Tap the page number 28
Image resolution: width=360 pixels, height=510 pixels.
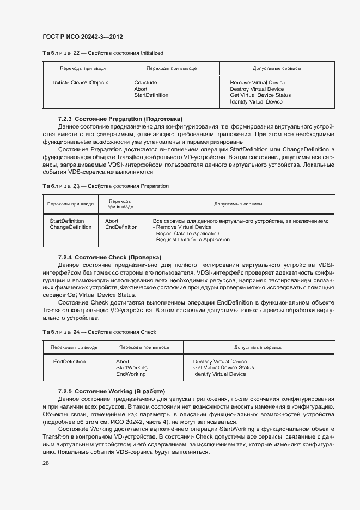click(46, 462)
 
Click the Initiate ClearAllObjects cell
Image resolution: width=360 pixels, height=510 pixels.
click(81, 83)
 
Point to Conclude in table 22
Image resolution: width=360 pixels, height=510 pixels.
click(145, 83)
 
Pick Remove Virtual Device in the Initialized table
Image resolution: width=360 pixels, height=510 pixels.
click(258, 83)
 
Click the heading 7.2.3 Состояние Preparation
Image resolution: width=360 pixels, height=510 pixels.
click(120, 119)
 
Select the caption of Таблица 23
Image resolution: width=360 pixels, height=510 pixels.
click(106, 186)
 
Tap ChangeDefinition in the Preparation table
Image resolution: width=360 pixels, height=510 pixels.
click(71, 227)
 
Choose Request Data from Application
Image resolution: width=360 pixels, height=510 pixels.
click(191, 240)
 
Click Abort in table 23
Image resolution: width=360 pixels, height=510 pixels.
click(112, 221)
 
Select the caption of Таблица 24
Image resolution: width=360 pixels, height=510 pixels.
click(99, 332)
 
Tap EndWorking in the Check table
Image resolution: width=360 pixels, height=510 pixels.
click(131, 374)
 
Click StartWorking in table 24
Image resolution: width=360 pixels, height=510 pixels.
click(132, 368)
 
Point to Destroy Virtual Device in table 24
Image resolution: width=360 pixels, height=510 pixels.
click(220, 362)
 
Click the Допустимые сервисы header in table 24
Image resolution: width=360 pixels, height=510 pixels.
click(258, 347)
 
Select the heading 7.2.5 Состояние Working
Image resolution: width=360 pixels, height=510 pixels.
click(111, 391)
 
